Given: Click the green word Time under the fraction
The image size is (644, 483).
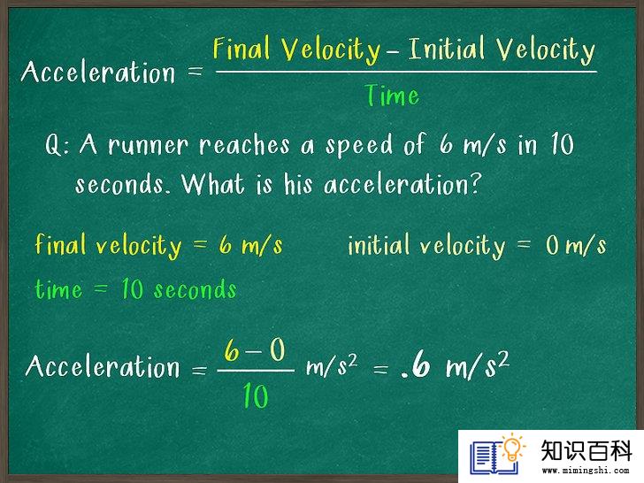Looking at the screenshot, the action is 392,96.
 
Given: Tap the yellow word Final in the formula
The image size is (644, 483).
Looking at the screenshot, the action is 241,48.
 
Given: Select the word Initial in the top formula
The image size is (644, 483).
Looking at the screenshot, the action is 448,48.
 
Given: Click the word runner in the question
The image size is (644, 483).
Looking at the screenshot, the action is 149,145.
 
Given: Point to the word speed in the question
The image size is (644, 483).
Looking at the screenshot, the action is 359,147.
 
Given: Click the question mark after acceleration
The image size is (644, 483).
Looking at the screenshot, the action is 475,184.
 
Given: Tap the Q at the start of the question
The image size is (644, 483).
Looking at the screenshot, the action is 54,145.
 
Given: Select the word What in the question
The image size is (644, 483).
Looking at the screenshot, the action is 213,183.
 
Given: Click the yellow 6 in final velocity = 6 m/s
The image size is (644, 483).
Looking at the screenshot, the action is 226,245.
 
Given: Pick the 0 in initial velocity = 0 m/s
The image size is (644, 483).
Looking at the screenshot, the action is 553,245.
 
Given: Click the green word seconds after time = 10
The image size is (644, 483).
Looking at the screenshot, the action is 195,288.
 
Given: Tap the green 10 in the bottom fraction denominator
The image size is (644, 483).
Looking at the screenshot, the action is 256,395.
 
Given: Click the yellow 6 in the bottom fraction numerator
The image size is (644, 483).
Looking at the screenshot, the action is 232,350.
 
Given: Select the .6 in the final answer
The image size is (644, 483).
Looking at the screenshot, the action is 416,364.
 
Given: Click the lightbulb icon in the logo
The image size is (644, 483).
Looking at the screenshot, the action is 512,448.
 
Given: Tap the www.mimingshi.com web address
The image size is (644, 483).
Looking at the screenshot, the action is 586,471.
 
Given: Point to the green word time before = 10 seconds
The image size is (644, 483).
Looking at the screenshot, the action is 58,288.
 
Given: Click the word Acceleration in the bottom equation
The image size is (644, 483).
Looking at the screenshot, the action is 103,366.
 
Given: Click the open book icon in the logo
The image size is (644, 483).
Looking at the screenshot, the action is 494,457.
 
